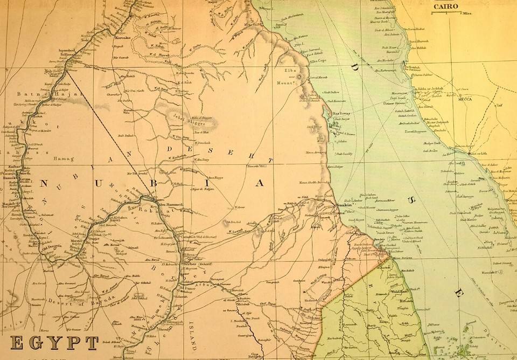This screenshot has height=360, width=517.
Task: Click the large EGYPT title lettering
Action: click(54, 343)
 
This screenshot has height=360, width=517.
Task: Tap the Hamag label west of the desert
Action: click(63, 158)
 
